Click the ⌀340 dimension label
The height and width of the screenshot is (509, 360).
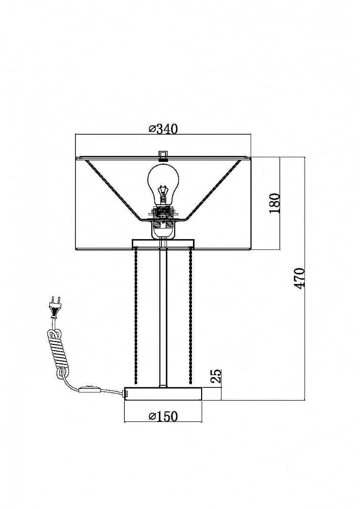point(163,129)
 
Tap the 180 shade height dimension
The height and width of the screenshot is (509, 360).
point(274,203)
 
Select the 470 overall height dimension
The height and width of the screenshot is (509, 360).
point(299,278)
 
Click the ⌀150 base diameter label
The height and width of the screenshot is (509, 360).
point(163,416)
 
